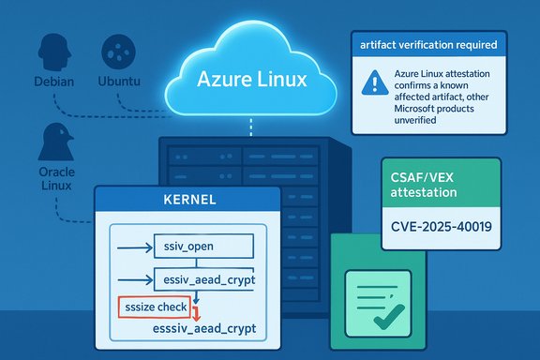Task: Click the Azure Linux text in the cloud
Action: tap(252, 80)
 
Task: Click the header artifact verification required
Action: tap(427, 44)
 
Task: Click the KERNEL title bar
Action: tap(187, 201)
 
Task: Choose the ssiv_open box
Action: tap(201, 247)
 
